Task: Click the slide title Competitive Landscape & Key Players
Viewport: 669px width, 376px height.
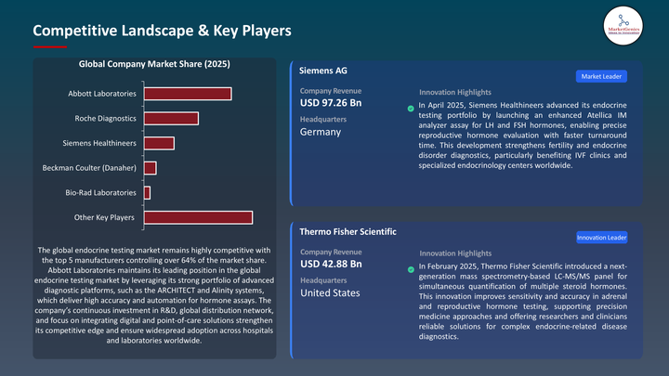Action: [x=162, y=31]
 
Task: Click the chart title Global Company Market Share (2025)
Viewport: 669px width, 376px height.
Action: [x=155, y=65]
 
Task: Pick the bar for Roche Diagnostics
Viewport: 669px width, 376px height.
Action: [x=171, y=118]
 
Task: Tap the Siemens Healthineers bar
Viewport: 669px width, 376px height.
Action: [x=159, y=143]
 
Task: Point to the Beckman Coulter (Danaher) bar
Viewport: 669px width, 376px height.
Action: [x=150, y=167]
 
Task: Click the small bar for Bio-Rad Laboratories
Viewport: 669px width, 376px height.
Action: [x=147, y=192]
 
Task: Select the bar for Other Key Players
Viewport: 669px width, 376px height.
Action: [x=198, y=217]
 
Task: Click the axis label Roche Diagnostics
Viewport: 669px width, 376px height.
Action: [x=105, y=119]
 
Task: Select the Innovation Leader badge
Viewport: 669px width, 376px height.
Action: [x=601, y=238]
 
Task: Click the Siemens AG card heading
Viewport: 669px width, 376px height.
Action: [x=323, y=71]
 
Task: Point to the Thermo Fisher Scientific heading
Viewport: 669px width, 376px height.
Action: [x=348, y=231]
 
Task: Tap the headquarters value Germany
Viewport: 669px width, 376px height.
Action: [x=321, y=132]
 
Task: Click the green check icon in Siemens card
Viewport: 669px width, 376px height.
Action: [x=411, y=109]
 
